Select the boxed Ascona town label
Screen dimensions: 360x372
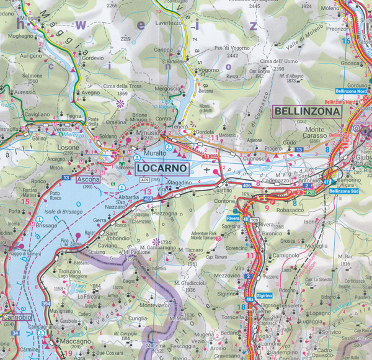[x=87, y=179]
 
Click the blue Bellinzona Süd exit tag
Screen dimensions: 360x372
[x=343, y=191]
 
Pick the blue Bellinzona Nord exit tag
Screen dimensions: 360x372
[x=347, y=91]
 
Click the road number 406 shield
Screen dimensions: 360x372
[x=247, y=186]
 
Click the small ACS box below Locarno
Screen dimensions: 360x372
[x=144, y=179]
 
